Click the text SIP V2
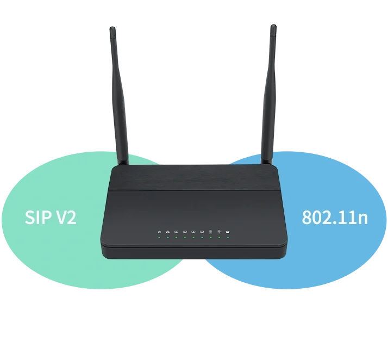51,217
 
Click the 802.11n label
335,218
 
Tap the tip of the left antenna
112,28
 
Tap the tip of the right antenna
273,26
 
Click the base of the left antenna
123,162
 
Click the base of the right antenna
266,162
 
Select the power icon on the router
159,232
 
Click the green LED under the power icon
159,238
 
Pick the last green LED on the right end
228,238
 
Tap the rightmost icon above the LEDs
228,232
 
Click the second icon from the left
168,232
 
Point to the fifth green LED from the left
193,238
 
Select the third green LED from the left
177,238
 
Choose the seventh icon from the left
211,232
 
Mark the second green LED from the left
168,238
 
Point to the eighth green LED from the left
219,238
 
